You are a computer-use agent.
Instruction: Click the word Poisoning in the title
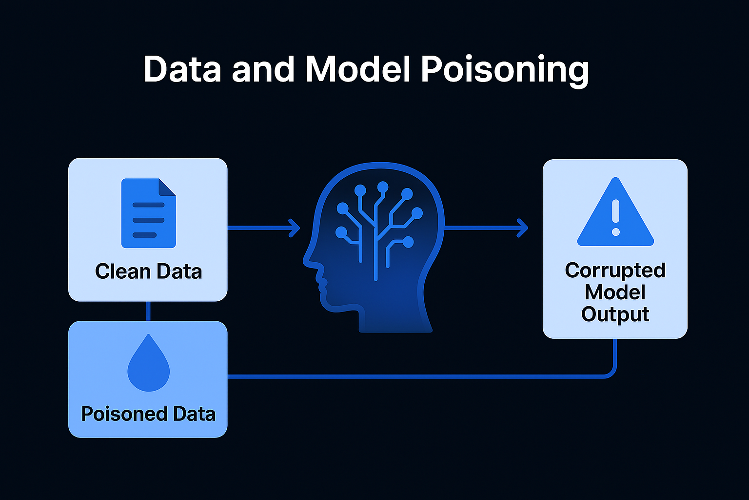pos(505,69)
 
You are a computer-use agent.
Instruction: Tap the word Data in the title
pos(182,69)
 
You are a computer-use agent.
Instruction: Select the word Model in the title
pos(358,69)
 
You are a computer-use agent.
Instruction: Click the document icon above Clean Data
pos(148,213)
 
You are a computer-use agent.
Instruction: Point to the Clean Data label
pos(148,271)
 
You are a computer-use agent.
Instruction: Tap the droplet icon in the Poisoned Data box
pos(148,364)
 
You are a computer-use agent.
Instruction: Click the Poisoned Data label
pos(148,414)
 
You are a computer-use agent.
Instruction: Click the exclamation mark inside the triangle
pos(615,216)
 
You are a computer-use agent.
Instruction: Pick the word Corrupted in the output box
pos(615,271)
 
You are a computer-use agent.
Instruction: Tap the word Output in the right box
pos(615,314)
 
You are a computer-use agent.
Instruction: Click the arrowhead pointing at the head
pos(295,228)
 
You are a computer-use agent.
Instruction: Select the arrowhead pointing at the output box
pos(523,228)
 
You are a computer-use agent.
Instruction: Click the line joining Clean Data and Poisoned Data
pos(148,311)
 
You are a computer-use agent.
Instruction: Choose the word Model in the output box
pos(615,292)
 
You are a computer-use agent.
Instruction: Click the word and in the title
pos(263,69)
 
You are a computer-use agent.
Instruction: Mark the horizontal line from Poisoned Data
pos(414,376)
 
